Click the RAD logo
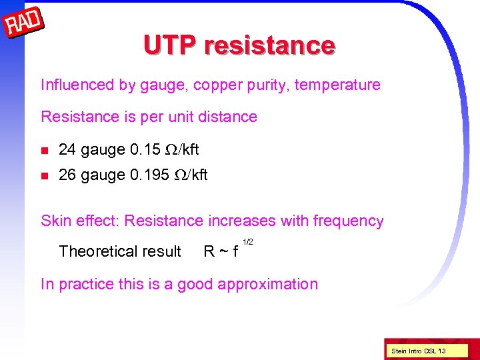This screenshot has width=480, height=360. coord(24,25)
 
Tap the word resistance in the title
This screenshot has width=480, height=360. coord(270,45)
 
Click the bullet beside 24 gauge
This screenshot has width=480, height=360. coord(45,149)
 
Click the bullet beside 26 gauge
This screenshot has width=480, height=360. coord(45,175)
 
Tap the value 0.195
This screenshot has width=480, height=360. coord(152,175)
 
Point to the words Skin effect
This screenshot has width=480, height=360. coord(80,221)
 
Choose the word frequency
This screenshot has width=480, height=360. coord(347,221)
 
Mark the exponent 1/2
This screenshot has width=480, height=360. coord(247,241)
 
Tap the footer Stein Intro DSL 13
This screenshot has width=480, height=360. coord(419,351)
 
